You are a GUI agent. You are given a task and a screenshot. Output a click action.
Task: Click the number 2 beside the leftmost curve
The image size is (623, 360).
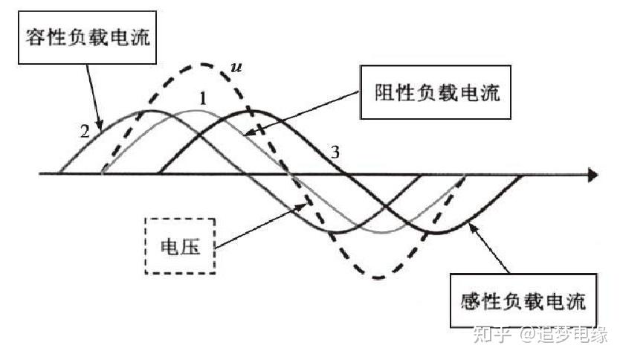85,132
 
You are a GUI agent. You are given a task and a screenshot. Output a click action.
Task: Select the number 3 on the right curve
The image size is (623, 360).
335,152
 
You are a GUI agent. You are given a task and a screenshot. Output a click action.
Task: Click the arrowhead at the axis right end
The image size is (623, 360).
593,176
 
